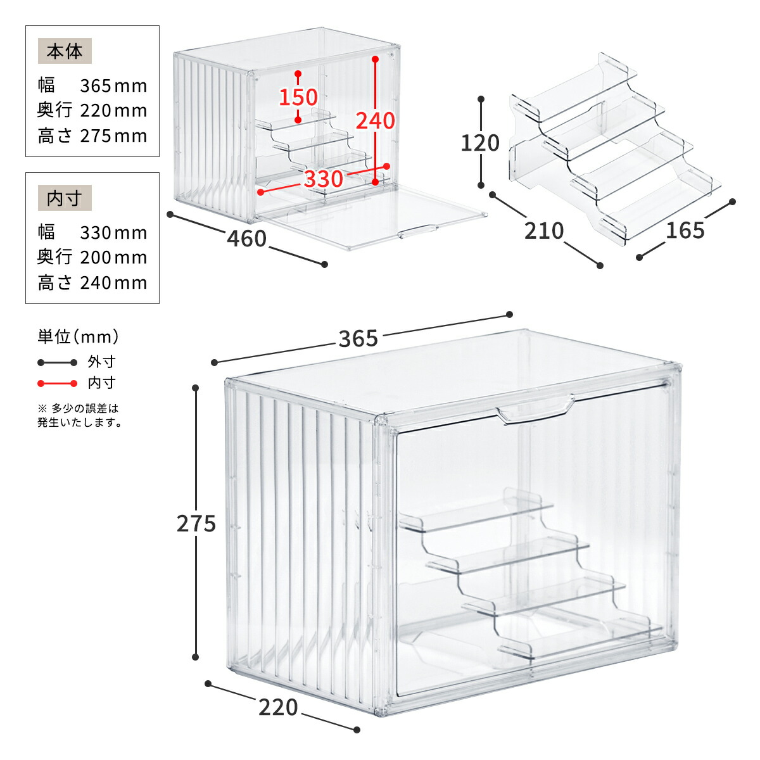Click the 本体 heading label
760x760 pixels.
click(x=65, y=51)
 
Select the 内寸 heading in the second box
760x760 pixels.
click(x=65, y=198)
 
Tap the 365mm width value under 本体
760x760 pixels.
click(x=113, y=86)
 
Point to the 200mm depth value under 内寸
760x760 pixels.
click(x=113, y=258)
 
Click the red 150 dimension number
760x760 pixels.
click(x=298, y=97)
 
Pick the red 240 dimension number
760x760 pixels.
click(x=375, y=121)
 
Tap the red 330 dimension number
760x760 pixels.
click(x=324, y=179)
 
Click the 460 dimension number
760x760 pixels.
click(x=247, y=239)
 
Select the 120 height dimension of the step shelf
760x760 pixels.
click(x=480, y=142)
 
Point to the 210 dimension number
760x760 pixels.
click(x=544, y=231)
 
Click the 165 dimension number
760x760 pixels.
click(x=685, y=231)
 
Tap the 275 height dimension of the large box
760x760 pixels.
click(x=196, y=524)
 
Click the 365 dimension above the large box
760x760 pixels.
click(x=358, y=339)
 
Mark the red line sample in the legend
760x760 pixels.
click(x=57, y=383)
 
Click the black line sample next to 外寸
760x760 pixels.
click(x=57, y=362)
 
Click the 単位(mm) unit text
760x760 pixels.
click(x=78, y=337)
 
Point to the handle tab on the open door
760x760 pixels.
click(x=419, y=232)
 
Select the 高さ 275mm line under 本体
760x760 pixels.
click(x=92, y=136)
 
